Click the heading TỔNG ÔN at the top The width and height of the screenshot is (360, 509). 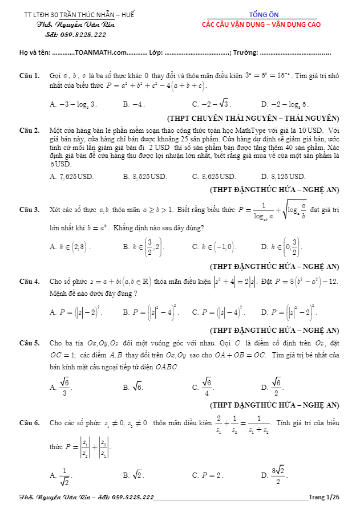pyautogui.click(x=261, y=14)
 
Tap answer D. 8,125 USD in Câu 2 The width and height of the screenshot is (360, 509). pyautogui.click(x=283, y=177)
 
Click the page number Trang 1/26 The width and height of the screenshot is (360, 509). pyautogui.click(x=323, y=497)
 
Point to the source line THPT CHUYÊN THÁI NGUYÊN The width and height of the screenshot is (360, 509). pyautogui.click(x=253, y=119)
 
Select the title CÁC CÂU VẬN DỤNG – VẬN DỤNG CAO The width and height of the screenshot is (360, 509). pyautogui.click(x=261, y=25)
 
